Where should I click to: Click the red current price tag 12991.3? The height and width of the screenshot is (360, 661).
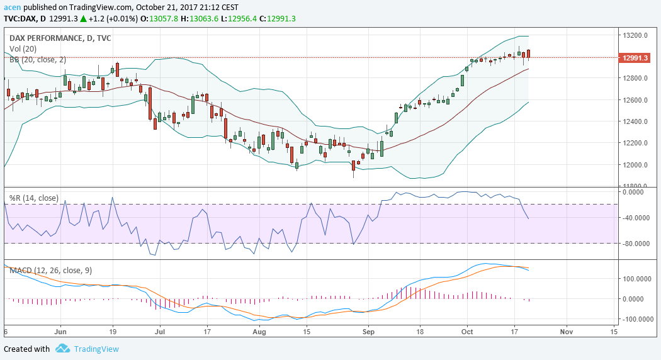[635, 58]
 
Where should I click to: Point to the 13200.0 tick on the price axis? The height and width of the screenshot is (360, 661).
[636, 35]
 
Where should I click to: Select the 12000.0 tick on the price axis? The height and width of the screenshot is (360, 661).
[636, 165]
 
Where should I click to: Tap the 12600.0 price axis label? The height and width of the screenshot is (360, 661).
[636, 100]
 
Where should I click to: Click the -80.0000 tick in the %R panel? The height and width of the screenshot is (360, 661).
[636, 244]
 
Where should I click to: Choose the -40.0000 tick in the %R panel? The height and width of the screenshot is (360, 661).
[636, 218]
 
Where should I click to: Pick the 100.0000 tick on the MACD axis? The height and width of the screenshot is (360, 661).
[637, 278]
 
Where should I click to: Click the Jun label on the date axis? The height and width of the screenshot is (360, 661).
[60, 331]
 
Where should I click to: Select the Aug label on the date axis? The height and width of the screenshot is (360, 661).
[259, 331]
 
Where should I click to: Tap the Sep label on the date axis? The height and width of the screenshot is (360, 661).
[369, 331]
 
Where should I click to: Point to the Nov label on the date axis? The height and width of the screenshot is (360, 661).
[566, 331]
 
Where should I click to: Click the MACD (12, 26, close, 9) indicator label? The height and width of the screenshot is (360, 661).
[50, 271]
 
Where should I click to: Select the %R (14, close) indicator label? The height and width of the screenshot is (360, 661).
[33, 198]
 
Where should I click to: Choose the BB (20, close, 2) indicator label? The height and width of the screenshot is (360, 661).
[37, 60]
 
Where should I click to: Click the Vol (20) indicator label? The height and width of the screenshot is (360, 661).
[23, 49]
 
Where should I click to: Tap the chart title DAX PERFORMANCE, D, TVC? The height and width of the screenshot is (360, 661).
[60, 38]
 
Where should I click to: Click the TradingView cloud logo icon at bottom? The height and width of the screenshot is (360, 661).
[62, 349]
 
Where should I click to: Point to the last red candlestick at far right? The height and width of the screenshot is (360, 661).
[529, 54]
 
